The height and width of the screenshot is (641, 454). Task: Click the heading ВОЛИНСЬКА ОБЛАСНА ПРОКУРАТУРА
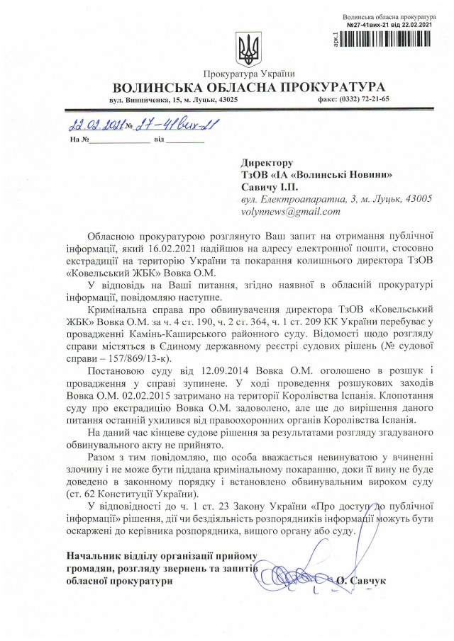pos(248,87)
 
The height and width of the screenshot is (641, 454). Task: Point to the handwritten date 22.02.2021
pos(94,127)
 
